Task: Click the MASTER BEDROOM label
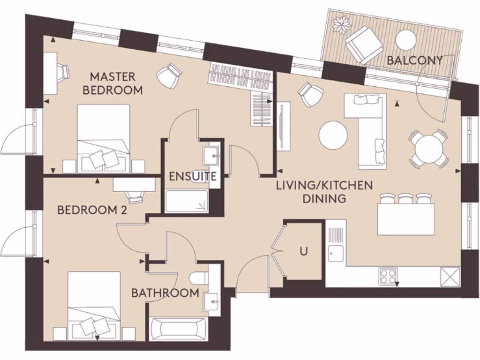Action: pos(112,83)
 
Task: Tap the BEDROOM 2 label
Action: pos(92,210)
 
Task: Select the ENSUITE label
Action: pos(193,177)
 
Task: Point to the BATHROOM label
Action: pos(165,293)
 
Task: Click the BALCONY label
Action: pos(415,60)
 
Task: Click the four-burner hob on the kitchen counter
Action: pos(388,276)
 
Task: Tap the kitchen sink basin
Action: pos(336,254)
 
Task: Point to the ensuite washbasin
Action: pos(211,153)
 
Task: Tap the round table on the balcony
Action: pos(406,39)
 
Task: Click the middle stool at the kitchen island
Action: pos(405,199)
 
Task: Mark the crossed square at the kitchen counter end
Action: pos(450,276)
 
